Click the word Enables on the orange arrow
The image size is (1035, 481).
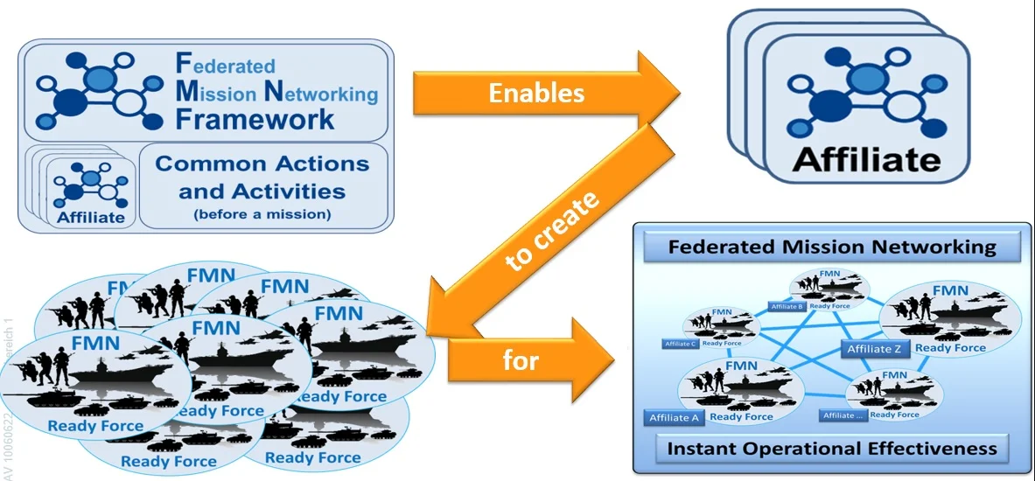[536, 93]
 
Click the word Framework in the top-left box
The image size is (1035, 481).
[255, 120]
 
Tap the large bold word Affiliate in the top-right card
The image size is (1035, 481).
[865, 161]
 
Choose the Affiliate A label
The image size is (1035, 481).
[675, 418]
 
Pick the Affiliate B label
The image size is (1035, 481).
[786, 307]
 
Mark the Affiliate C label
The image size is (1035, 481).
[680, 344]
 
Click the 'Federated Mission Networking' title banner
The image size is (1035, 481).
[832, 247]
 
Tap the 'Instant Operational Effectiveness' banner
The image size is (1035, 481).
[831, 449]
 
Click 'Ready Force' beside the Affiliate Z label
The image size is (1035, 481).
[951, 348]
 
